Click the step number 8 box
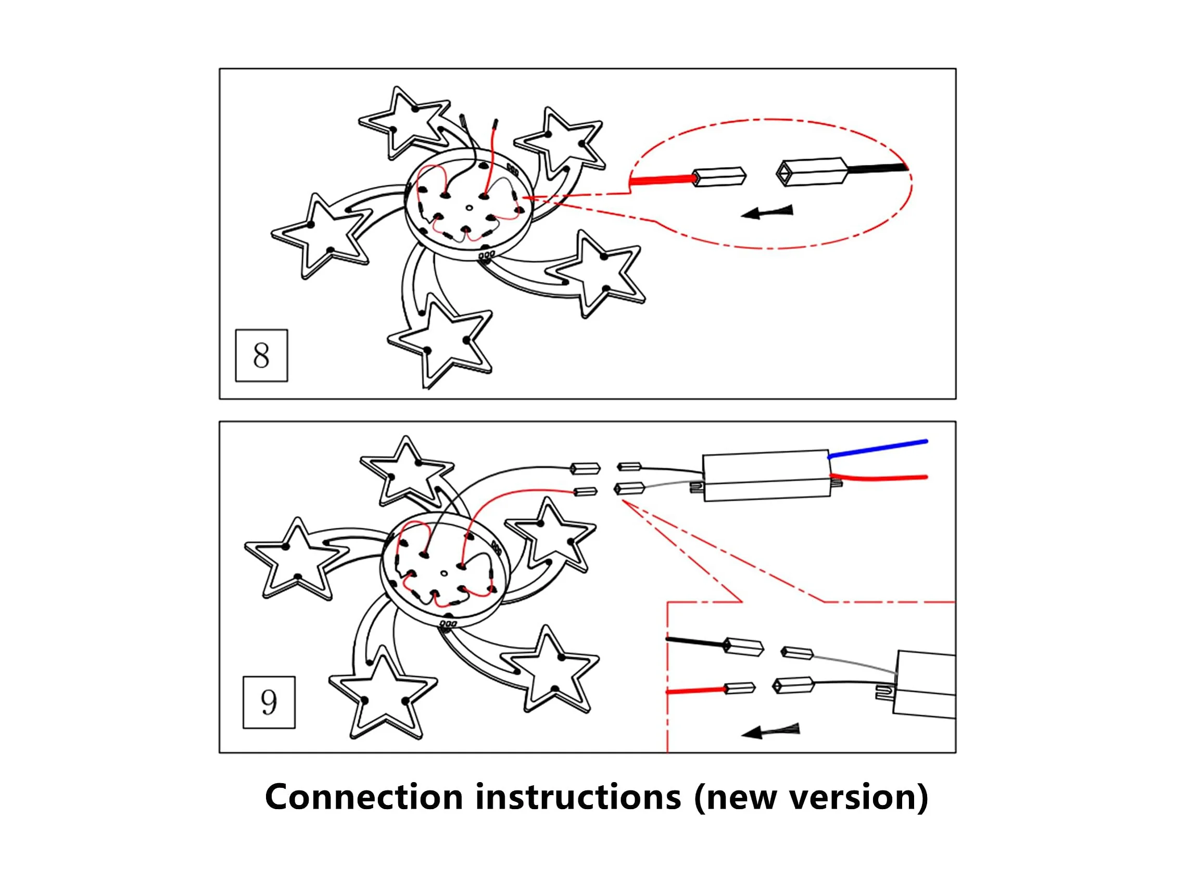261,355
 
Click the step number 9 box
269,702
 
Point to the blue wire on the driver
878,448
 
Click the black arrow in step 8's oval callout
767,212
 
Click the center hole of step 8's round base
469,208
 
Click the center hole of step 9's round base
444,573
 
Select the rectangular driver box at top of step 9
766,476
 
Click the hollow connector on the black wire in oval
812,171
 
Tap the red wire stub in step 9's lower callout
694,691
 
